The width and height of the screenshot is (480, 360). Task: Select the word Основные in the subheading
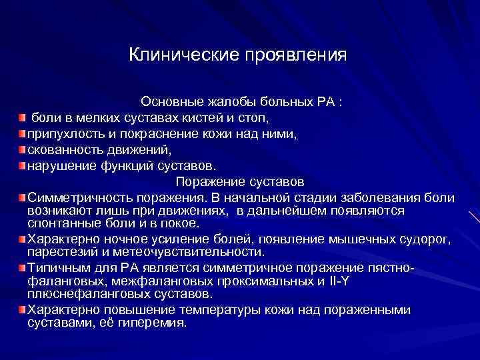pos(169,103)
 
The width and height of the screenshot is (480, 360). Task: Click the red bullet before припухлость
pos(22,134)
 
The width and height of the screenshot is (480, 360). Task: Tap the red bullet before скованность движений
pos(22,149)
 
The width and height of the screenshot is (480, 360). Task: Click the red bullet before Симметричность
pos(22,198)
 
